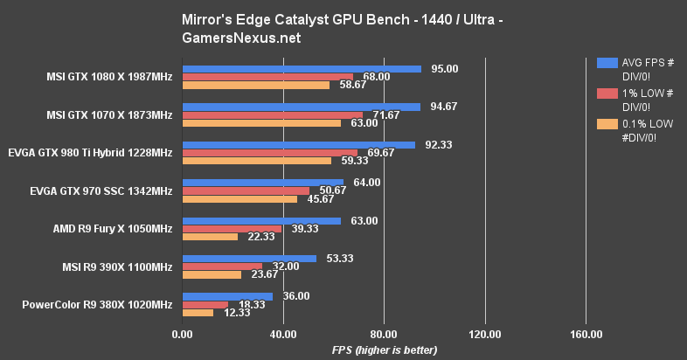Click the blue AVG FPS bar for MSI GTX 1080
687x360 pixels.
tap(302, 68)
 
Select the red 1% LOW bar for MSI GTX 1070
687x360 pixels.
tap(272, 114)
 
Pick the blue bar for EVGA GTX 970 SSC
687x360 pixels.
tap(262, 183)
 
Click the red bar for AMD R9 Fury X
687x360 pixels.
tap(232, 229)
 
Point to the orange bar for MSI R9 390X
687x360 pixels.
tap(212, 274)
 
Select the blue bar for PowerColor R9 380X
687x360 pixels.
tap(227, 296)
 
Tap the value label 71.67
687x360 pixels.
tap(386, 114)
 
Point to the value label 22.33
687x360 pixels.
tap(260, 237)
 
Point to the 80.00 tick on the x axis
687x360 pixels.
tap(384, 334)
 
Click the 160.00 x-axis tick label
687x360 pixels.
tap(586, 334)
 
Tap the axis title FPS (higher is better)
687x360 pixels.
tap(385, 350)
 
